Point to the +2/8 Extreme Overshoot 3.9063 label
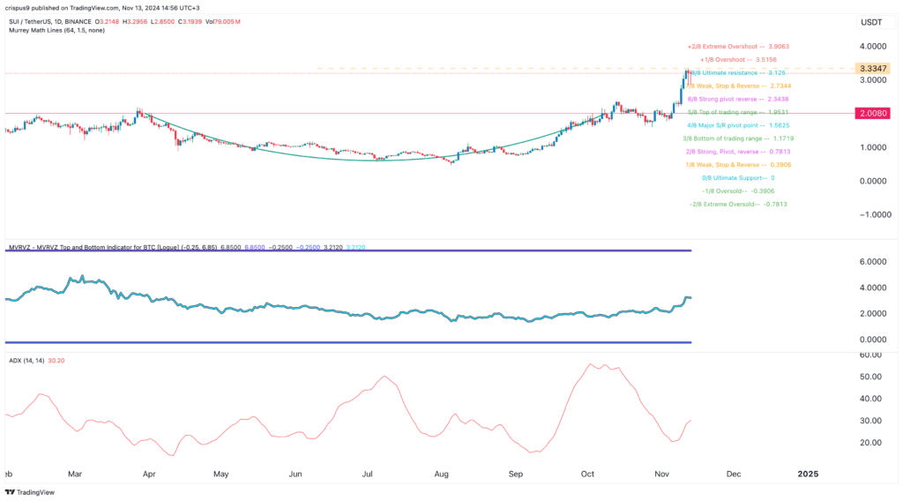click(x=737, y=46)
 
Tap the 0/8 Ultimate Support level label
click(x=737, y=177)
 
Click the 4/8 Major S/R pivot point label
click(x=737, y=125)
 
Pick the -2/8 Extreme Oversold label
click(x=737, y=204)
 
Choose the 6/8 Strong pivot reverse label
click(x=737, y=99)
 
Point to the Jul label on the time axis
click(x=369, y=474)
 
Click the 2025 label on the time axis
click(x=808, y=474)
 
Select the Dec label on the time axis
click(x=733, y=474)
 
